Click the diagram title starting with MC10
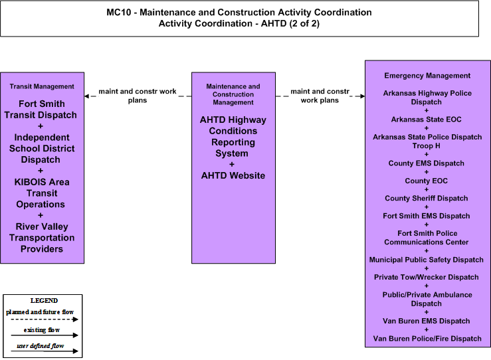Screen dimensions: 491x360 click(239, 18)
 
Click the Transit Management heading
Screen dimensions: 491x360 click(42, 86)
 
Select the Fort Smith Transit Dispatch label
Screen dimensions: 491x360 click(41, 109)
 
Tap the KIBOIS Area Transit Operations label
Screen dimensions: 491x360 click(41, 193)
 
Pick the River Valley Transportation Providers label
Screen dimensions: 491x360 click(42, 238)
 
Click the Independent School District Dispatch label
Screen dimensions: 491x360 click(42, 148)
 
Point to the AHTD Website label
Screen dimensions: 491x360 click(233, 175)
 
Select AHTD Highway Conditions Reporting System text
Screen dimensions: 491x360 click(233, 136)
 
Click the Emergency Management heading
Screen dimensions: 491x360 click(427, 76)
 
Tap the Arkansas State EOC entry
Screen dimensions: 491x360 click(426, 120)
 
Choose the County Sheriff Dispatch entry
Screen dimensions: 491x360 click(426, 198)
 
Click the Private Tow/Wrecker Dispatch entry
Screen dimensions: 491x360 click(426, 277)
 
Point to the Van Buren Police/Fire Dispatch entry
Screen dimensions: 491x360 click(427, 338)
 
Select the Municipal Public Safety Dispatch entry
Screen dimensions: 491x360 click(426, 260)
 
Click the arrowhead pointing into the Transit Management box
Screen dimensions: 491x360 click(87, 96)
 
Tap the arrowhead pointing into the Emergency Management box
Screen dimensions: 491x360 click(363, 96)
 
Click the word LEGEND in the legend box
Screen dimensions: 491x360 click(44, 300)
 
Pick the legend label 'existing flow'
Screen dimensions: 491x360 click(42, 330)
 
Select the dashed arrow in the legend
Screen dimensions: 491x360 click(44, 319)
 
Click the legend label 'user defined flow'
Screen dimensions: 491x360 click(40, 346)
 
